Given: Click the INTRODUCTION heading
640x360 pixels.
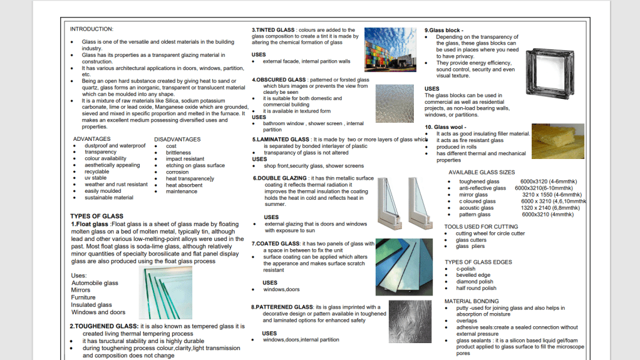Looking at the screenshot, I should (x=91, y=29).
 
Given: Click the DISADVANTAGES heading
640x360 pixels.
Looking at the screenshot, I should (x=177, y=139).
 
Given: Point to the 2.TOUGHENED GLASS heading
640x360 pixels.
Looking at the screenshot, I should (x=104, y=327).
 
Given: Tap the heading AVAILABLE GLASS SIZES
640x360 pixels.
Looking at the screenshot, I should (x=482, y=172).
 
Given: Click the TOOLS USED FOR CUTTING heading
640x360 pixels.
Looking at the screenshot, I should (x=481, y=227).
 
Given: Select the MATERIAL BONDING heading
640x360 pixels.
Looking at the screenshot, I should (x=472, y=301).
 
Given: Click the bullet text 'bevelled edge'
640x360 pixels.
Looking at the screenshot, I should (x=473, y=275).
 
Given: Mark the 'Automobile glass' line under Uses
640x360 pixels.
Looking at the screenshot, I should (x=95, y=283).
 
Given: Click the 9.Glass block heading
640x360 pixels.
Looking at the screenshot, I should (x=443, y=30).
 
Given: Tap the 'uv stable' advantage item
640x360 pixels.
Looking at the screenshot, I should (x=96, y=178).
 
